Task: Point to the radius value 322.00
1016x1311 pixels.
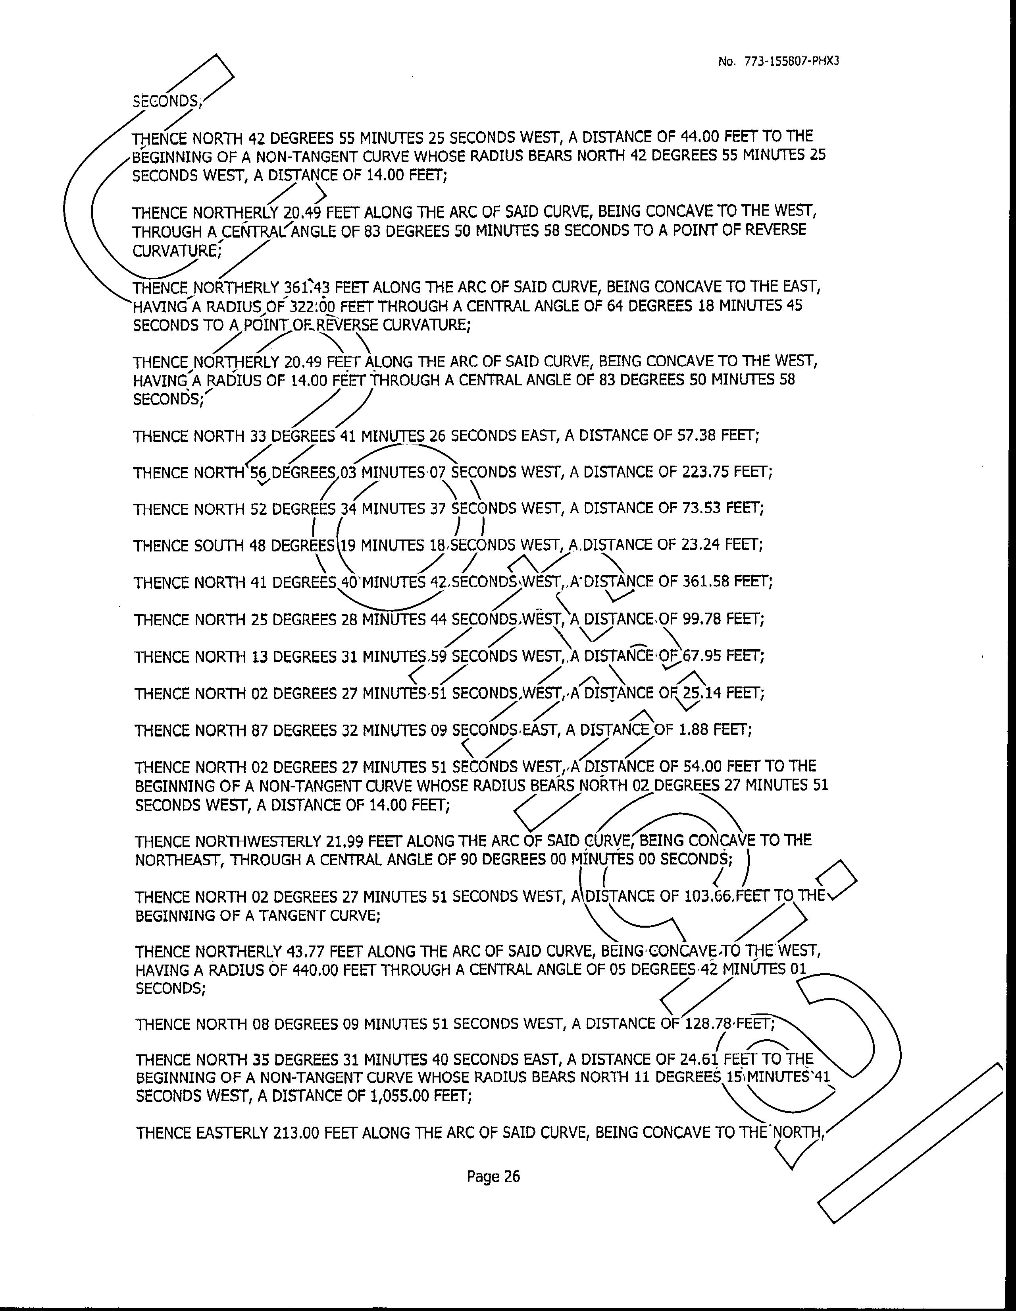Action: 311,306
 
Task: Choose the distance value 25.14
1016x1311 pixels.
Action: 702,693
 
